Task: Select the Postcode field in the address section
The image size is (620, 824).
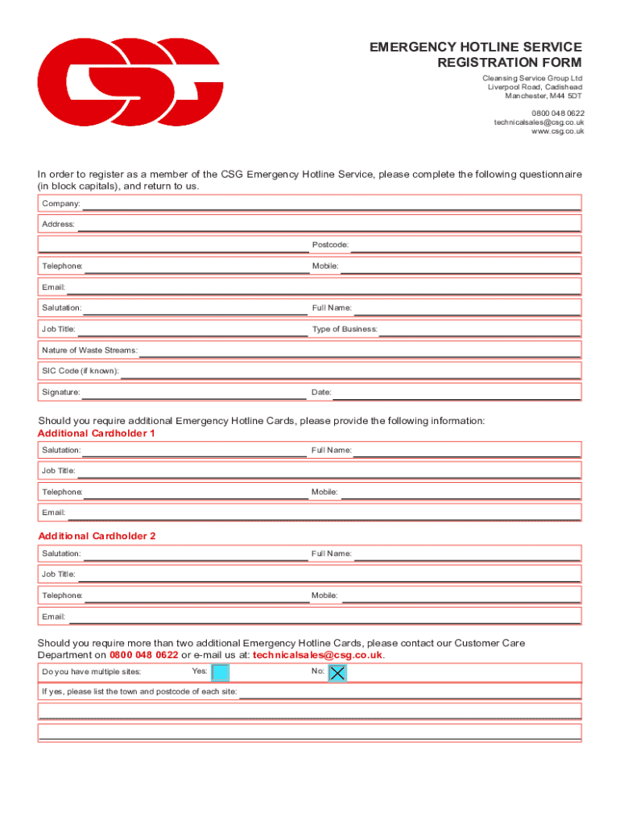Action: pos(465,245)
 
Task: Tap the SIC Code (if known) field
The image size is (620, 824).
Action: pos(350,371)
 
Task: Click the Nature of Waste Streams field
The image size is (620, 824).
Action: pos(360,350)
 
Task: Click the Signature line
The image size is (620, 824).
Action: pos(193,392)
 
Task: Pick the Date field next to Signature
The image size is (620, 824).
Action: pos(456,392)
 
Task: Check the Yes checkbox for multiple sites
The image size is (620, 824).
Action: pos(220,673)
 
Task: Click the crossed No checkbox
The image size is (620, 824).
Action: pos(338,673)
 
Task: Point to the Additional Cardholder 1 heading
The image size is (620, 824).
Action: pos(97,433)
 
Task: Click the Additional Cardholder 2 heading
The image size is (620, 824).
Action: pos(97,536)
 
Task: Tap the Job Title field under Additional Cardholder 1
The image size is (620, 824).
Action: pos(329,471)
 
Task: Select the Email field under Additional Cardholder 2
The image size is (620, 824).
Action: pos(324,616)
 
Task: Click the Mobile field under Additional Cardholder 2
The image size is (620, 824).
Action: pos(460,595)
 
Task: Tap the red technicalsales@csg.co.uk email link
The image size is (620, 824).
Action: pos(318,655)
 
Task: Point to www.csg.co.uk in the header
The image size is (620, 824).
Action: pos(557,131)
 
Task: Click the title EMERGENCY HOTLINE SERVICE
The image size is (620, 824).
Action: pos(475,47)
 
